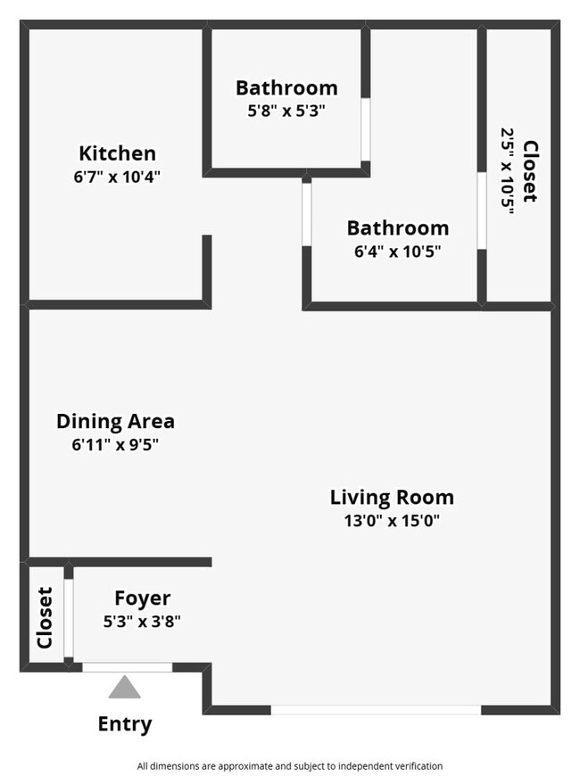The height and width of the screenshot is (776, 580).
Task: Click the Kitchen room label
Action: (x=117, y=153)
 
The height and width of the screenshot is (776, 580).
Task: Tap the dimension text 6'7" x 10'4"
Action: (x=117, y=177)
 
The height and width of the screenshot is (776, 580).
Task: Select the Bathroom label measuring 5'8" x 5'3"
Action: (x=286, y=87)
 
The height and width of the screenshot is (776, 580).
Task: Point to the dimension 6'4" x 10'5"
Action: (x=397, y=252)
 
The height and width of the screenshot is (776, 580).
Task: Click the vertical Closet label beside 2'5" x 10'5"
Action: (x=531, y=171)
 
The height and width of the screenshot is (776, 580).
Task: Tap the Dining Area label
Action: (x=115, y=421)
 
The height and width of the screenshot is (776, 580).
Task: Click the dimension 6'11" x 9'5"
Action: (x=115, y=444)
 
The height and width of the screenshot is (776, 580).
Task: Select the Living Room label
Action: (x=392, y=497)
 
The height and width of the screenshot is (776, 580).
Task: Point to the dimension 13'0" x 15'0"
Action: (x=392, y=520)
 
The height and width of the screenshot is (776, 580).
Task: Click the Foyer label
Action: (x=142, y=599)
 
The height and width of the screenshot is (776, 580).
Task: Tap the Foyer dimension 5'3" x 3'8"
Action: (x=142, y=622)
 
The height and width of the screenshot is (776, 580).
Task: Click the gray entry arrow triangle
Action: (x=124, y=687)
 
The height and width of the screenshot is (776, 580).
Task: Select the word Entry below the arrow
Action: (x=124, y=724)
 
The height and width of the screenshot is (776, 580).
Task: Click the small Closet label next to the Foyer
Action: (x=45, y=616)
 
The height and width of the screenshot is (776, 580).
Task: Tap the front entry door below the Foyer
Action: (x=127, y=666)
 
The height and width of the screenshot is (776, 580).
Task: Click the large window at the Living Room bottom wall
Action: (x=376, y=710)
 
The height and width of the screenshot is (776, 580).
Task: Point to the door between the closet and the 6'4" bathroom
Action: (x=481, y=211)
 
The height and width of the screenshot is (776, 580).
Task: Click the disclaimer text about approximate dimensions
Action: (x=289, y=765)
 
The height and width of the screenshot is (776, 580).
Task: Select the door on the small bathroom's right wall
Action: (x=365, y=128)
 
